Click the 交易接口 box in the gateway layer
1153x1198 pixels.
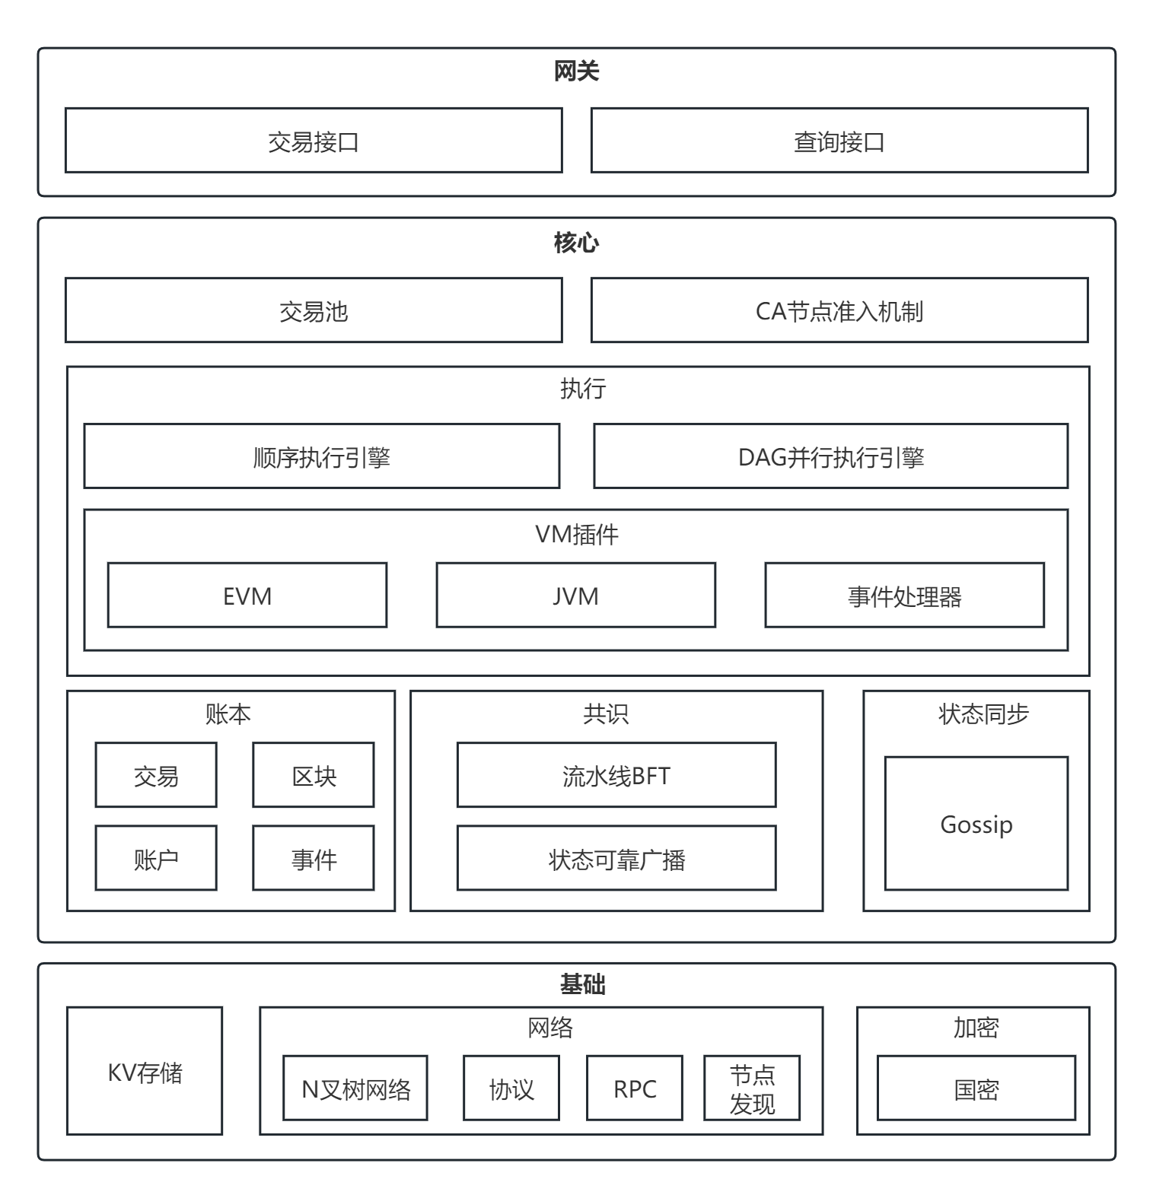pos(314,141)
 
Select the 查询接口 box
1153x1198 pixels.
pos(839,141)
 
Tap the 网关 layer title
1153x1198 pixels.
pos(576,71)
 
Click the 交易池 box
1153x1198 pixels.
pos(314,310)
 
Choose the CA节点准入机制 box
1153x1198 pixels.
pos(839,310)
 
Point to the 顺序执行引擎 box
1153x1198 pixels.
pos(321,456)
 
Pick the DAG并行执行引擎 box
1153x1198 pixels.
pos(830,456)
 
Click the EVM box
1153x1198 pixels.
pos(247,596)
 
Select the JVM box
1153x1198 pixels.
pos(575,596)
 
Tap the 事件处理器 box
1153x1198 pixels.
pos(904,596)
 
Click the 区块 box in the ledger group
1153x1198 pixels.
pos(314,775)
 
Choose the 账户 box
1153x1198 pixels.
pos(156,858)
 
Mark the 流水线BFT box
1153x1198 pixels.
pos(616,775)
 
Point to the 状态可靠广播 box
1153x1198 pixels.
pos(616,858)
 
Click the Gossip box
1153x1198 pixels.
pos(976,824)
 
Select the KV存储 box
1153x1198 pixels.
pos(145,1071)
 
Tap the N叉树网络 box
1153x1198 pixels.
pos(355,1088)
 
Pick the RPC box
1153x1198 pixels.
pos(635,1088)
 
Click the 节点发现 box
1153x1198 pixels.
pos(752,1088)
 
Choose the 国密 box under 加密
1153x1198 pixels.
pos(976,1088)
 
